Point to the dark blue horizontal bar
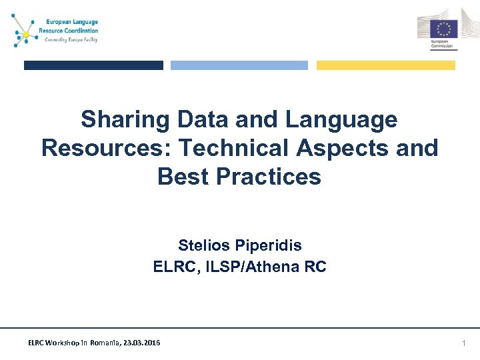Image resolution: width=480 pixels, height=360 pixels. point(93,65)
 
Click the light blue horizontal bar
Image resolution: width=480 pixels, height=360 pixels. point(239,65)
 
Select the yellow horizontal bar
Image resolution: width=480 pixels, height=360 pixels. point(385,65)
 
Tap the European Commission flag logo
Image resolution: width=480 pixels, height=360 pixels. point(443,29)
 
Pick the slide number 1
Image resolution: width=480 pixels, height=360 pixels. point(464,343)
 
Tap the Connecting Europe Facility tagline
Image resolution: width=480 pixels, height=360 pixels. point(71,39)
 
